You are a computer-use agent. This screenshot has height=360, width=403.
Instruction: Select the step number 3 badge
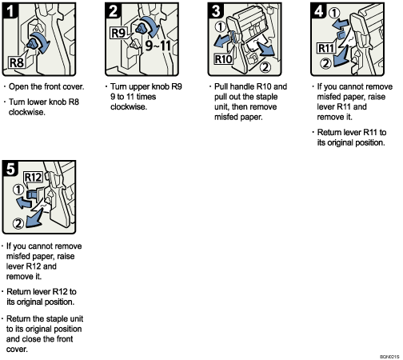217,12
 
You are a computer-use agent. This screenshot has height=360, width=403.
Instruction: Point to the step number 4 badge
319,12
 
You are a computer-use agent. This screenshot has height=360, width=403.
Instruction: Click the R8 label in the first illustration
17,61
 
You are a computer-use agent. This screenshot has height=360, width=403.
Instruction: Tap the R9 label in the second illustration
118,34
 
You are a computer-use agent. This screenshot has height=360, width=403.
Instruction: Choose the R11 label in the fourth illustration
325,47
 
